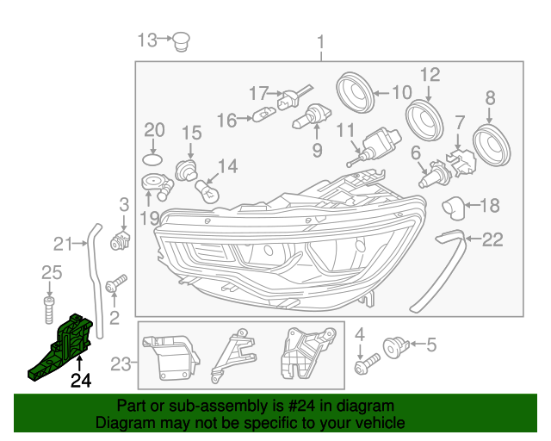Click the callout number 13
pyautogui.click(x=148, y=40)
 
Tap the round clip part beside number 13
pyautogui.click(x=180, y=40)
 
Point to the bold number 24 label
pyautogui.click(x=80, y=380)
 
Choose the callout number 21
pyautogui.click(x=64, y=243)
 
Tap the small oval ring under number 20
pyautogui.click(x=152, y=160)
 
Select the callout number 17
pyautogui.click(x=259, y=92)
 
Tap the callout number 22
pyautogui.click(x=492, y=240)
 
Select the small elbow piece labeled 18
pyautogui.click(x=450, y=206)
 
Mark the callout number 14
pyautogui.click(x=227, y=166)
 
